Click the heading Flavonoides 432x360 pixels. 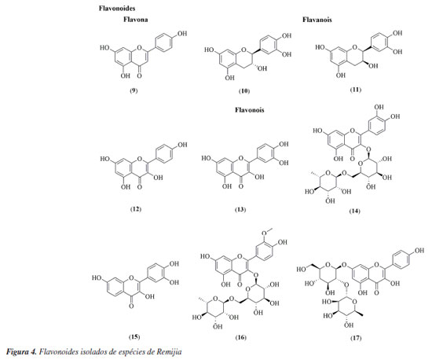coord(117,9)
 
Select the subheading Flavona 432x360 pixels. coord(136,20)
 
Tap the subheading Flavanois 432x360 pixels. coord(317,20)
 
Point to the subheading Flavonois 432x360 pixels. coord(249,110)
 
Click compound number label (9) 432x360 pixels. coord(134,90)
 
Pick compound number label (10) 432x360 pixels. coord(244,91)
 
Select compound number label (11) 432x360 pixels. coord(355,90)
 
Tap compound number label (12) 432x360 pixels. coord(135,209)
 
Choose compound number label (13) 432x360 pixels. coord(240,210)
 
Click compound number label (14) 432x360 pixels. coord(354,211)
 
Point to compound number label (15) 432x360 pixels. coord(134,337)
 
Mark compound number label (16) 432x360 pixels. coord(241,337)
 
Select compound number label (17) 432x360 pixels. coord(356,338)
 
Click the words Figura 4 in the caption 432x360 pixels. coord(21,351)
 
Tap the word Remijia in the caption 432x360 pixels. coord(169,351)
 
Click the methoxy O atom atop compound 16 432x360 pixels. coord(264,233)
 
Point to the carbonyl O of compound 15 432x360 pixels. coord(131,306)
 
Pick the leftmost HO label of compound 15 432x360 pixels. coord(97,278)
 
